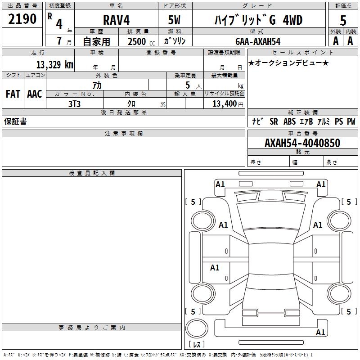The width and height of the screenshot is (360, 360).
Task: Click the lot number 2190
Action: click(x=22, y=19)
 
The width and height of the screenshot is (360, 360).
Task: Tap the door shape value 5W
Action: click(x=175, y=20)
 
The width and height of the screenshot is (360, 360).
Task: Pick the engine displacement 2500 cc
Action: click(x=140, y=41)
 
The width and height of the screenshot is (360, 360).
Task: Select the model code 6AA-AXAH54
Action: click(x=258, y=41)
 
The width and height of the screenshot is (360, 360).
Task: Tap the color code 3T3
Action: click(x=74, y=103)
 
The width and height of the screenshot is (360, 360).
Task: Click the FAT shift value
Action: click(x=13, y=94)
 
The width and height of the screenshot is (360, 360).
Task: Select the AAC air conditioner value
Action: click(x=34, y=94)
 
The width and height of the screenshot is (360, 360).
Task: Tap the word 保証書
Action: click(x=15, y=121)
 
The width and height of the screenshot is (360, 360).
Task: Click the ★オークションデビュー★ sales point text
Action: click(x=288, y=63)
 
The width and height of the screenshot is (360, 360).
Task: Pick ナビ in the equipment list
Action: click(x=257, y=121)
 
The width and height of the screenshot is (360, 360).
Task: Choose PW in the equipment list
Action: click(x=351, y=121)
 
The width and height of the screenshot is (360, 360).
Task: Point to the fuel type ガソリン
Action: click(x=175, y=41)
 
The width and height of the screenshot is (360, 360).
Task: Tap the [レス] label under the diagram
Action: click(x=196, y=345)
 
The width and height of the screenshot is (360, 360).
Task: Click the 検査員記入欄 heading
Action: click(x=92, y=173)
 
